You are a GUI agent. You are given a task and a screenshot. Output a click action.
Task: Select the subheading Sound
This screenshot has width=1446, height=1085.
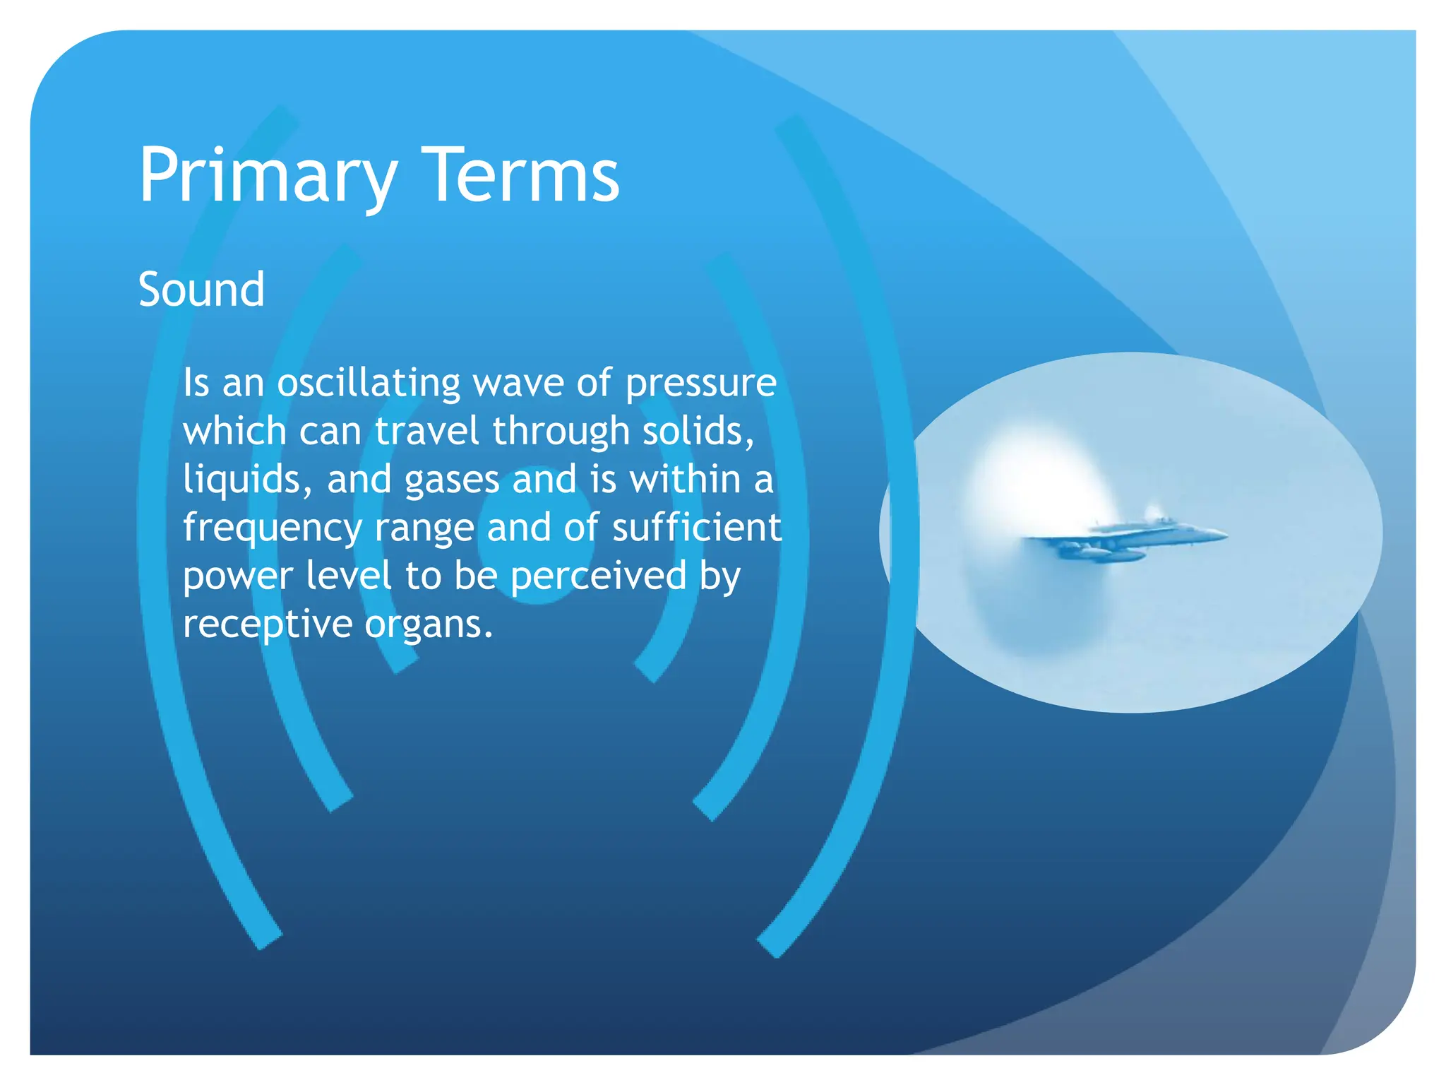(x=201, y=290)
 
